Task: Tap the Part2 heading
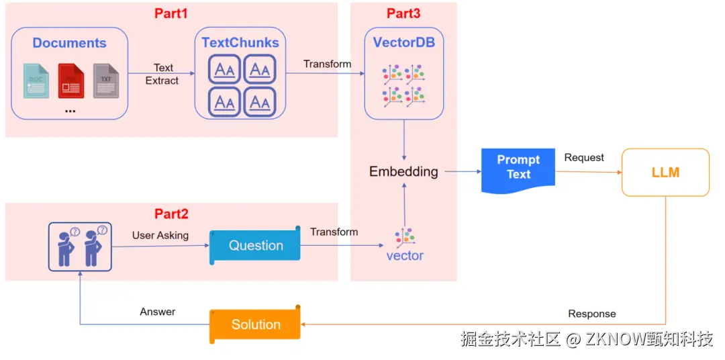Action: click(x=171, y=214)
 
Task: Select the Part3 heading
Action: click(x=404, y=13)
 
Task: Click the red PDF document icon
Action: click(x=70, y=81)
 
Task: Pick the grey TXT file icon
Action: click(x=105, y=81)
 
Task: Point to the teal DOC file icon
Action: click(x=36, y=81)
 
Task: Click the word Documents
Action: click(x=69, y=43)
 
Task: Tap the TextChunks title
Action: click(x=240, y=42)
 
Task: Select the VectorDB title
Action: click(x=404, y=42)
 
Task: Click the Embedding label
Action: click(x=403, y=171)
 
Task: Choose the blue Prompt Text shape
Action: click(x=518, y=168)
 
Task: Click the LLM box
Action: click(x=665, y=173)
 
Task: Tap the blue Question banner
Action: click(x=255, y=246)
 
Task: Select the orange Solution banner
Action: click(x=255, y=325)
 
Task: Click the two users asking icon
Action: click(x=80, y=246)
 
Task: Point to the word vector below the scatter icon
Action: click(x=405, y=256)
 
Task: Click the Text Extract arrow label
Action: click(x=162, y=74)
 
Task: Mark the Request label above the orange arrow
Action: click(x=584, y=157)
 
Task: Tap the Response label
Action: click(x=591, y=314)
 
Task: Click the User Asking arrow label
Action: click(x=160, y=235)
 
